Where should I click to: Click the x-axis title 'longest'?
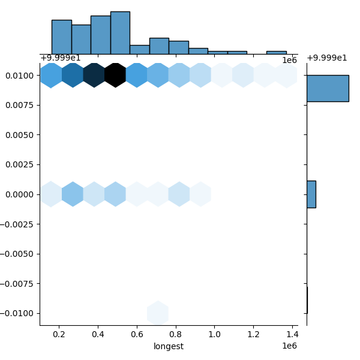(169, 346)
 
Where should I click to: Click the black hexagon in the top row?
(115, 75)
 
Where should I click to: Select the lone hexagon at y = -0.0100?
(158, 313)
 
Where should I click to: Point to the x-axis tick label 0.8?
(176, 333)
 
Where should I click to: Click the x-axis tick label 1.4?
(292, 333)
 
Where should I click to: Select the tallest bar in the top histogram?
(120, 33)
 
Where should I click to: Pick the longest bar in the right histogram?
(328, 88)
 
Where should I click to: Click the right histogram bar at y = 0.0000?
(311, 194)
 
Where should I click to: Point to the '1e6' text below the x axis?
(290, 346)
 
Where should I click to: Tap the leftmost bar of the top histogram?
(61, 37)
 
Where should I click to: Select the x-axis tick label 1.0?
(214, 333)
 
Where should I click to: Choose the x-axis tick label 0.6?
(137, 333)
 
